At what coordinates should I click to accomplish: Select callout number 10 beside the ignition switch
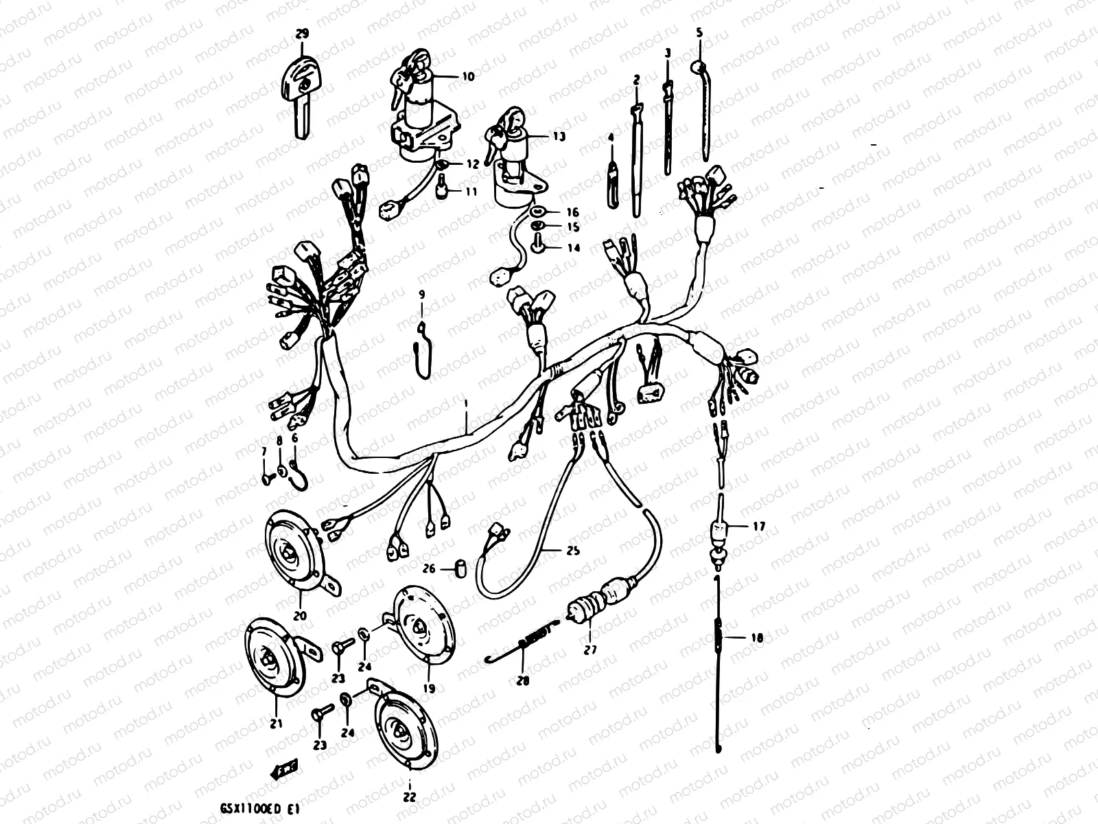pyautogui.click(x=468, y=77)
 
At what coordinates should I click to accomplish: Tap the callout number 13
pyautogui.click(x=559, y=137)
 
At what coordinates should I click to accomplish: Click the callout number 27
pyautogui.click(x=591, y=649)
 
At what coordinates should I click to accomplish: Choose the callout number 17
pyautogui.click(x=758, y=527)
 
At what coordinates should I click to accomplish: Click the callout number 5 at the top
pyautogui.click(x=699, y=32)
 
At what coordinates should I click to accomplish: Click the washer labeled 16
pyautogui.click(x=537, y=212)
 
